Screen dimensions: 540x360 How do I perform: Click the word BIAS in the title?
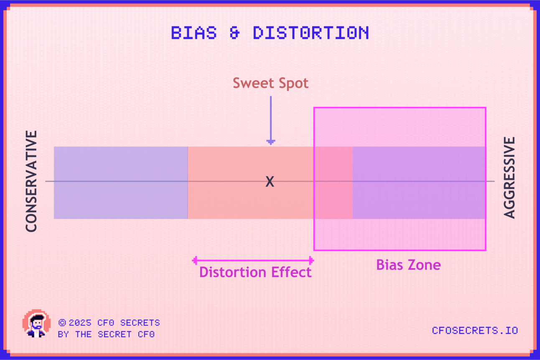point(194,33)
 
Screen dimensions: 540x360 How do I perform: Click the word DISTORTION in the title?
point(311,33)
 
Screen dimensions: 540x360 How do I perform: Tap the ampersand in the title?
point(234,33)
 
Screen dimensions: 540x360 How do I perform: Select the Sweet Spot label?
point(270,84)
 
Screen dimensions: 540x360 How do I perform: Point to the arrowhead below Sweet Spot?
point(271,142)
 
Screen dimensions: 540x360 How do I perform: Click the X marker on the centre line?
point(270,181)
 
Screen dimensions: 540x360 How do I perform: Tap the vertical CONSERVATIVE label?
point(32,181)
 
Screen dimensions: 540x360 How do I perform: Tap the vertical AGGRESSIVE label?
point(509,178)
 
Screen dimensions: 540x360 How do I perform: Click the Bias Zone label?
point(409,265)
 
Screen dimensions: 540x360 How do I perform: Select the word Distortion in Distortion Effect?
point(233,272)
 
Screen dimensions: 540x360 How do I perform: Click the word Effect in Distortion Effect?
point(291,272)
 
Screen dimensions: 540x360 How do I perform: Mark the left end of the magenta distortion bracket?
point(193,261)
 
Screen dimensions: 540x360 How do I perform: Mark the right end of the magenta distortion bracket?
point(313,261)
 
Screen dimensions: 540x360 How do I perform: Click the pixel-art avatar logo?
point(37,323)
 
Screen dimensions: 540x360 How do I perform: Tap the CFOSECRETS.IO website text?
point(475,331)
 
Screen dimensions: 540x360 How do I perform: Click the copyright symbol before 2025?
point(62,322)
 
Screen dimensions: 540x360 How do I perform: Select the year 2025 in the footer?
point(80,323)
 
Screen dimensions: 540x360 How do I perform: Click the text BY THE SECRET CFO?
point(106,334)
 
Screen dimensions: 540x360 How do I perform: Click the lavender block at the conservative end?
point(121,183)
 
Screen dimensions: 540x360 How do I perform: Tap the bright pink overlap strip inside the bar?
point(333,183)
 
